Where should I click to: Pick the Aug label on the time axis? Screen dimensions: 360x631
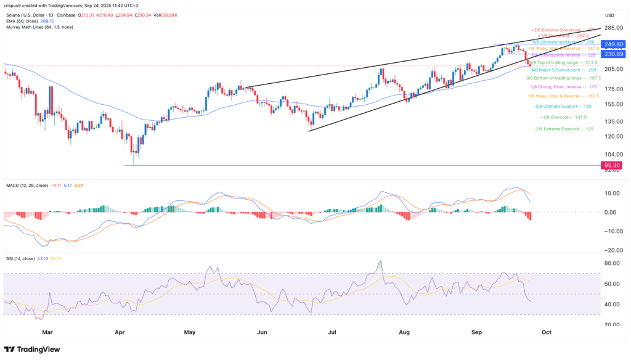tap(404, 332)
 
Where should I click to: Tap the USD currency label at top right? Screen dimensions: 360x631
tap(609, 15)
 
